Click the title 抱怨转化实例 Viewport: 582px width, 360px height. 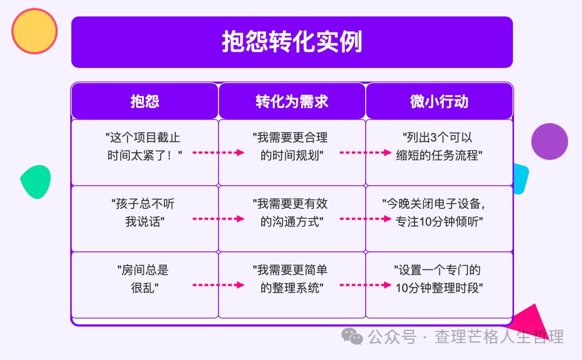click(x=292, y=42)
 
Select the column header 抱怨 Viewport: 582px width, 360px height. click(x=145, y=101)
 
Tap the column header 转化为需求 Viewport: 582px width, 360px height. click(x=292, y=101)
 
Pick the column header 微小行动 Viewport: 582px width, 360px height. click(x=439, y=101)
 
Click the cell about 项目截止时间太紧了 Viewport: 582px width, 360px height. click(x=145, y=153)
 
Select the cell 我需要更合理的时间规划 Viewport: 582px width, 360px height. click(x=292, y=153)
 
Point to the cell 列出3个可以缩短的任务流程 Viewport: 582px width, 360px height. click(x=439, y=153)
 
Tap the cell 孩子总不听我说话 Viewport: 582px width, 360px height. click(x=145, y=218)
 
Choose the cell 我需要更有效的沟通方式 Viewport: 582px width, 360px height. click(x=292, y=218)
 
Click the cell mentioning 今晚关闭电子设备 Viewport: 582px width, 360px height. click(x=439, y=218)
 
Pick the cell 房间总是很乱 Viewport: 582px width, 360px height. click(x=145, y=285)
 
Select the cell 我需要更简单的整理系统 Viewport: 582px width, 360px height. click(x=292, y=285)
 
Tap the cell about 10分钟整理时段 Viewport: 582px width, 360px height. click(x=439, y=285)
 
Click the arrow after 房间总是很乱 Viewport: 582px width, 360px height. click(x=218, y=285)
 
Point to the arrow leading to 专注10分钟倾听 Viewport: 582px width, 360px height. click(x=365, y=219)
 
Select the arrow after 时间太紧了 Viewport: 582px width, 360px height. click(x=218, y=153)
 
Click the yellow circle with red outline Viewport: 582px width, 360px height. click(x=34, y=31)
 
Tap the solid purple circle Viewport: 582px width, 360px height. click(x=549, y=142)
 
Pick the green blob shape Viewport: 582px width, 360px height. click(x=35, y=181)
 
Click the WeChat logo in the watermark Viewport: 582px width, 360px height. click(x=352, y=336)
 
